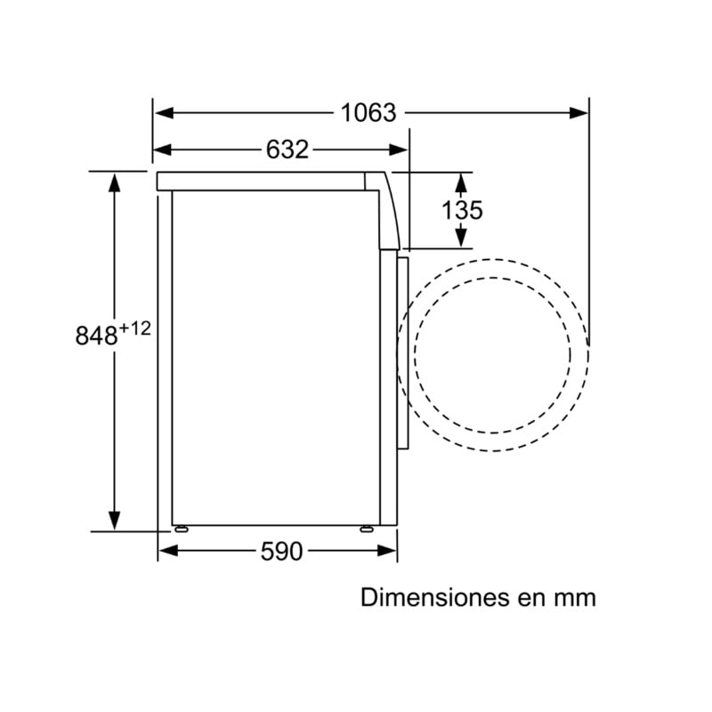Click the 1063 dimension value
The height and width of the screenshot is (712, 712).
(x=368, y=113)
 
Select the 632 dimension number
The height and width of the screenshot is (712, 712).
(x=287, y=150)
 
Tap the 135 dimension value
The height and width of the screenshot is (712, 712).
(x=462, y=210)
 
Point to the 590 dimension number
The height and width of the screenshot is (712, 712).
(x=281, y=551)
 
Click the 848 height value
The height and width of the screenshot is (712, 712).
(x=97, y=336)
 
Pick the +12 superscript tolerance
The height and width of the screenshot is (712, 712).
(x=135, y=328)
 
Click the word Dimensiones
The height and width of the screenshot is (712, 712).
(x=434, y=597)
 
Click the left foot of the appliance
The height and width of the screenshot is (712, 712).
(x=182, y=529)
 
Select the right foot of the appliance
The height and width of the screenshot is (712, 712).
(x=367, y=529)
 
